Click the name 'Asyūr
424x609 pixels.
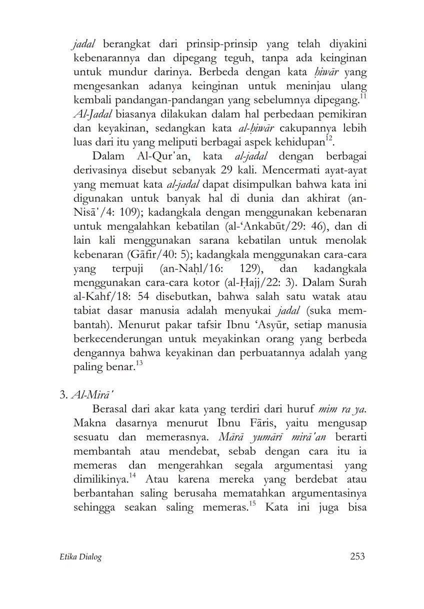coord(246,325)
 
